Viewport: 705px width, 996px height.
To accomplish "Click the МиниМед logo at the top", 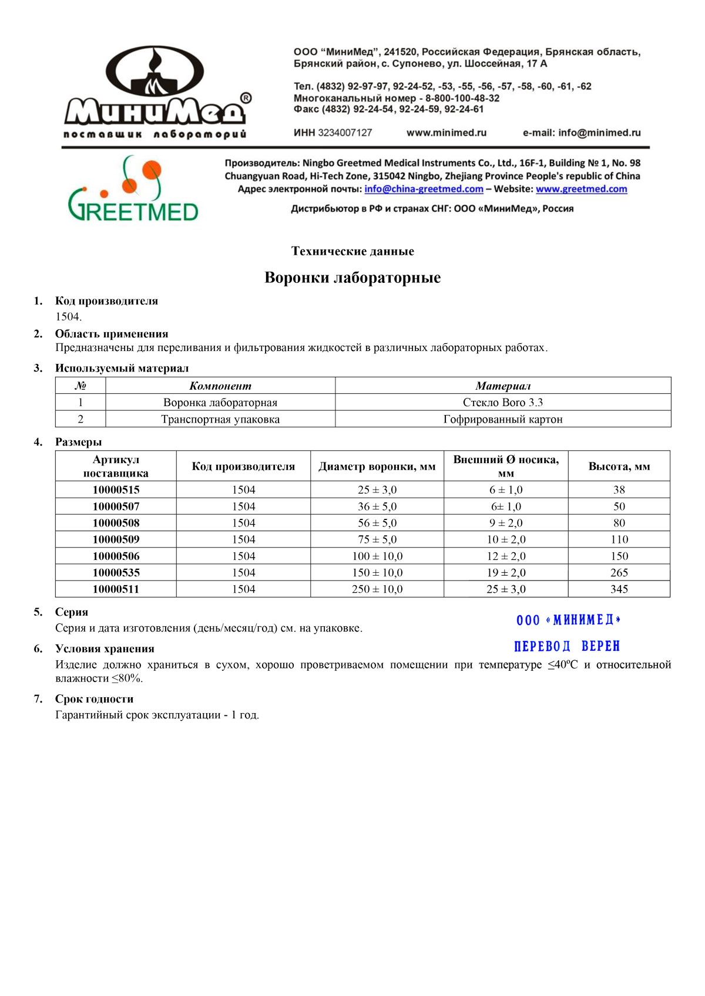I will (155, 93).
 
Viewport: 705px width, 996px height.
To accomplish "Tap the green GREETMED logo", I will (133, 189).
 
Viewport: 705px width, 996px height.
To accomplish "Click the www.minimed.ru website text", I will (446, 133).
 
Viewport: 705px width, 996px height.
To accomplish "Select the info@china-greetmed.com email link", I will (424, 189).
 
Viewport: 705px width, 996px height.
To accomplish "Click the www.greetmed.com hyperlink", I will (581, 189).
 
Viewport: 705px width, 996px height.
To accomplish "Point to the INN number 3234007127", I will (345, 133).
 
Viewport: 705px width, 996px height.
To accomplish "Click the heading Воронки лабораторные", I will (352, 278).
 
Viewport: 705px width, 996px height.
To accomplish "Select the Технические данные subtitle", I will (352, 251).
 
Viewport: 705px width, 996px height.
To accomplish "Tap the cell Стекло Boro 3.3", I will (503, 403).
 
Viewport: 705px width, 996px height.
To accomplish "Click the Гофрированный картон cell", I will (503, 419).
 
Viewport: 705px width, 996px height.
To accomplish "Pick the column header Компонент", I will (220, 386).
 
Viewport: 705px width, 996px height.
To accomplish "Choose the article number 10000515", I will (116, 489).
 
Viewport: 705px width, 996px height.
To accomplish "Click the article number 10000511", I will (116, 589).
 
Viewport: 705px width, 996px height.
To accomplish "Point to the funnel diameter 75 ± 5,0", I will (377, 539).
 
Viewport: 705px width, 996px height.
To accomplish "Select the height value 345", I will (619, 589).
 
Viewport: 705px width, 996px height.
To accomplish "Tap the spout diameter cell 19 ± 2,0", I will (506, 572).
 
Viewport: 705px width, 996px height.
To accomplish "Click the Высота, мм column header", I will (619, 467).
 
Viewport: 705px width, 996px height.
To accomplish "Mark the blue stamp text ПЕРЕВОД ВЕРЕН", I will (567, 646).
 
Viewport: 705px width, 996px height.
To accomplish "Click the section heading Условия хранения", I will (105, 649).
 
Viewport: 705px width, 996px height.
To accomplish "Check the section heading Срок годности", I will (94, 699).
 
